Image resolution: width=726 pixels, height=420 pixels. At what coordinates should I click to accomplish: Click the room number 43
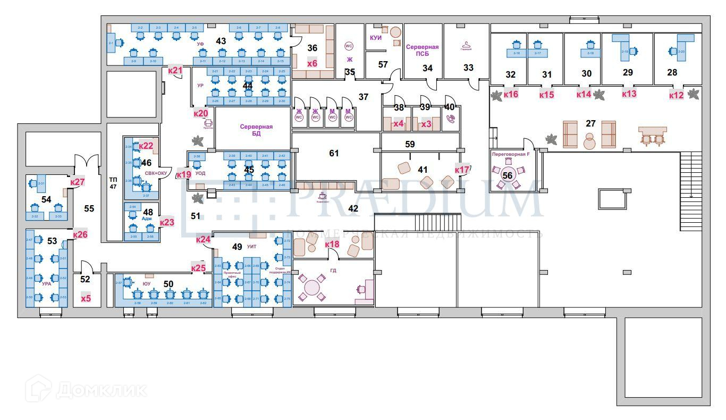click(x=221, y=41)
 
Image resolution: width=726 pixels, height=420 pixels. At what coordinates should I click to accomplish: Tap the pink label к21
click(x=175, y=70)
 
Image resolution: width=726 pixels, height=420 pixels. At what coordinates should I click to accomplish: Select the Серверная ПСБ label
click(x=423, y=51)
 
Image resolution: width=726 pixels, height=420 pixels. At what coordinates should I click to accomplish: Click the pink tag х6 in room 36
click(x=312, y=63)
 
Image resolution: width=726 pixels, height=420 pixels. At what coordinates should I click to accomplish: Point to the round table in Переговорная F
click(x=508, y=175)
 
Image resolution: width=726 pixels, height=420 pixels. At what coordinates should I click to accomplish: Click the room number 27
click(x=590, y=123)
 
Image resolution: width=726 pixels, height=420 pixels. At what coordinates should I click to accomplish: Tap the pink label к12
click(x=676, y=95)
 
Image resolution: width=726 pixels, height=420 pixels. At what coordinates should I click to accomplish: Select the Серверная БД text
click(x=256, y=130)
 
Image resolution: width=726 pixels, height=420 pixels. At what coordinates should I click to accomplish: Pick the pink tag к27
click(x=78, y=182)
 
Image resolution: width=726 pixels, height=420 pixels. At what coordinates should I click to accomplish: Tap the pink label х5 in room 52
click(x=86, y=298)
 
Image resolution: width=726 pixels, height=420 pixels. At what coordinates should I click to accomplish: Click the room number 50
click(x=168, y=284)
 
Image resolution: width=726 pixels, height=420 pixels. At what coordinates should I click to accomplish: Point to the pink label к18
click(x=332, y=245)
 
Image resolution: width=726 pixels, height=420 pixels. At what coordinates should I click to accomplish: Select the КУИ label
click(x=376, y=38)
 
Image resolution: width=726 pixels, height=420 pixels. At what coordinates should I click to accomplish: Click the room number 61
click(x=334, y=153)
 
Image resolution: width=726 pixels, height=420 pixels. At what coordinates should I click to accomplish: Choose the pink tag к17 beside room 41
click(x=462, y=170)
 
